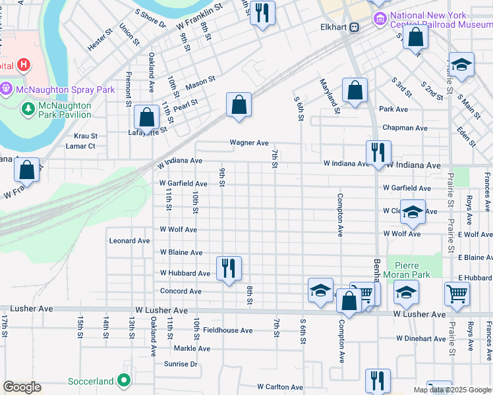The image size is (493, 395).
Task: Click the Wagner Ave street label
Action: point(248,142)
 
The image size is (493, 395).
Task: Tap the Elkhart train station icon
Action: point(355,27)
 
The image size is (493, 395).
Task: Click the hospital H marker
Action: point(24,65)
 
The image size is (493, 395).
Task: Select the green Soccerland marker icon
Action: point(123,381)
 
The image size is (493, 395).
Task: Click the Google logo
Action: point(22,387)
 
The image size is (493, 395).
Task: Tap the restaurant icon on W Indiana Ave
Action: point(378,153)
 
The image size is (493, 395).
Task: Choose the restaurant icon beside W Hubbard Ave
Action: point(229,268)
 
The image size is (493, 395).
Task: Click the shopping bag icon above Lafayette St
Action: point(146,118)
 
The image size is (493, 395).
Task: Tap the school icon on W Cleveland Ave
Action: point(413,213)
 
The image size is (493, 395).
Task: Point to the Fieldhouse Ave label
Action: point(227,330)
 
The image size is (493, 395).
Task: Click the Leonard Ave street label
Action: point(130,241)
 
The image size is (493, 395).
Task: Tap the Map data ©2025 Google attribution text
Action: point(451,390)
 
